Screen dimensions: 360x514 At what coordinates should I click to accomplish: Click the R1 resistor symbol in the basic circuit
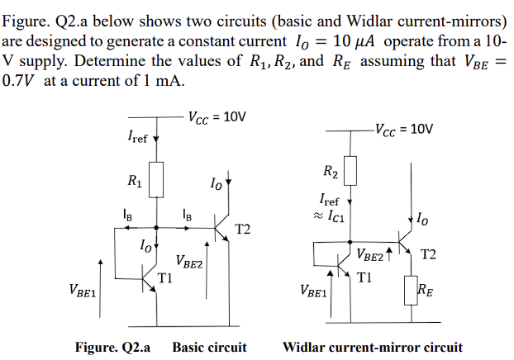tap(157, 177)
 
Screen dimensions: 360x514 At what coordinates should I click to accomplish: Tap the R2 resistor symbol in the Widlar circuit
tap(350, 170)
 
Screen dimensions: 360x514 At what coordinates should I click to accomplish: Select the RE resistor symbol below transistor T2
tap(410, 291)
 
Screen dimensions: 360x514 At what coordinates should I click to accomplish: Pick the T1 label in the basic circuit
tap(165, 277)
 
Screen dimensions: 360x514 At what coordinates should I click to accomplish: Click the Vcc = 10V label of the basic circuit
tap(217, 116)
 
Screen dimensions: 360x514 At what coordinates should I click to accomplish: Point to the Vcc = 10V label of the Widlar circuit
tap(403, 129)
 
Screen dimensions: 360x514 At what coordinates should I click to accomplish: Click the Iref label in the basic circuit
tap(137, 137)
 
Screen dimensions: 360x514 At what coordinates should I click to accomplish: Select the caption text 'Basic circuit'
tap(209, 347)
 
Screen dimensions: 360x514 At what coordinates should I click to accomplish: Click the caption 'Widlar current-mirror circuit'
tap(373, 347)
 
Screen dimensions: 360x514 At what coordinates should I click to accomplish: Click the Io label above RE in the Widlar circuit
tap(423, 219)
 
